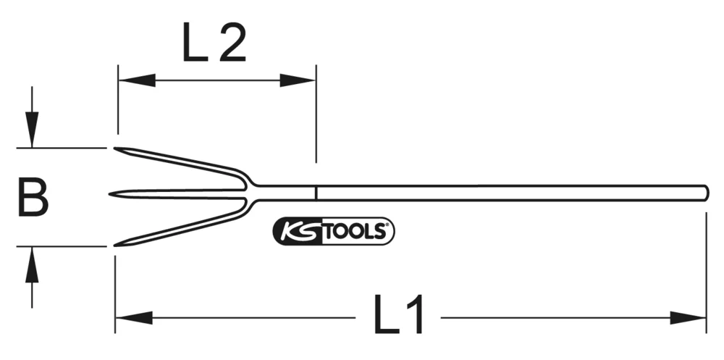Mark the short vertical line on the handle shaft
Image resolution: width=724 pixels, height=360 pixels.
click(x=316, y=193)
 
